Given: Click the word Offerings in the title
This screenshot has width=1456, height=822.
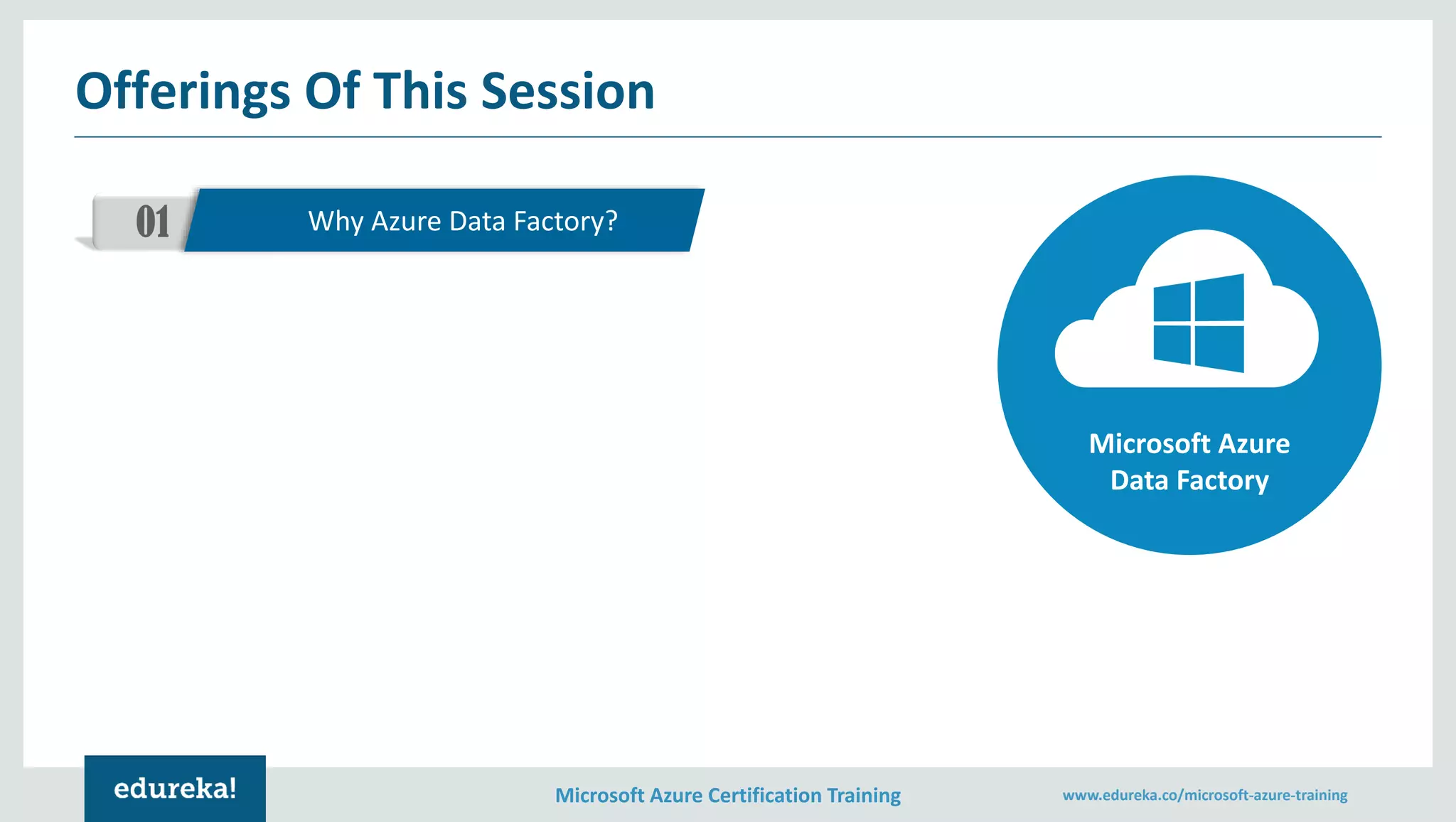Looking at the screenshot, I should (x=183, y=92).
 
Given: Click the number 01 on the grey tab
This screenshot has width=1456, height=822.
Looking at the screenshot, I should (x=153, y=222).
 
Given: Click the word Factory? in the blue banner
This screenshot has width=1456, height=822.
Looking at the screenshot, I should (x=565, y=222).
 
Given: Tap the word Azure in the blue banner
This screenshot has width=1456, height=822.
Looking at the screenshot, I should (x=406, y=222).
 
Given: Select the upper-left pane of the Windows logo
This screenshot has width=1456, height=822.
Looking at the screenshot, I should (x=1172, y=303).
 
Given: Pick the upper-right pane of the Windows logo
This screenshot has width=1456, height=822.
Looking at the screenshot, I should (x=1219, y=298).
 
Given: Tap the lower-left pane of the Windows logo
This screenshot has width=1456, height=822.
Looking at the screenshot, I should (x=1172, y=344).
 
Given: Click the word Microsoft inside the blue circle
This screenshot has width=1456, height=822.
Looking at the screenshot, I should (x=1149, y=444).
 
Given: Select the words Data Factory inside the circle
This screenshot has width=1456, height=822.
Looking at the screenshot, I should (x=1189, y=481).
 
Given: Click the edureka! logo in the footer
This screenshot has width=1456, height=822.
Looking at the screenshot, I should (x=175, y=789).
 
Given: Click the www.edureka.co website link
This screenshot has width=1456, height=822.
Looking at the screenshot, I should (x=1204, y=795).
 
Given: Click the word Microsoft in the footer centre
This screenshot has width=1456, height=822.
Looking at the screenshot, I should (x=599, y=795).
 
